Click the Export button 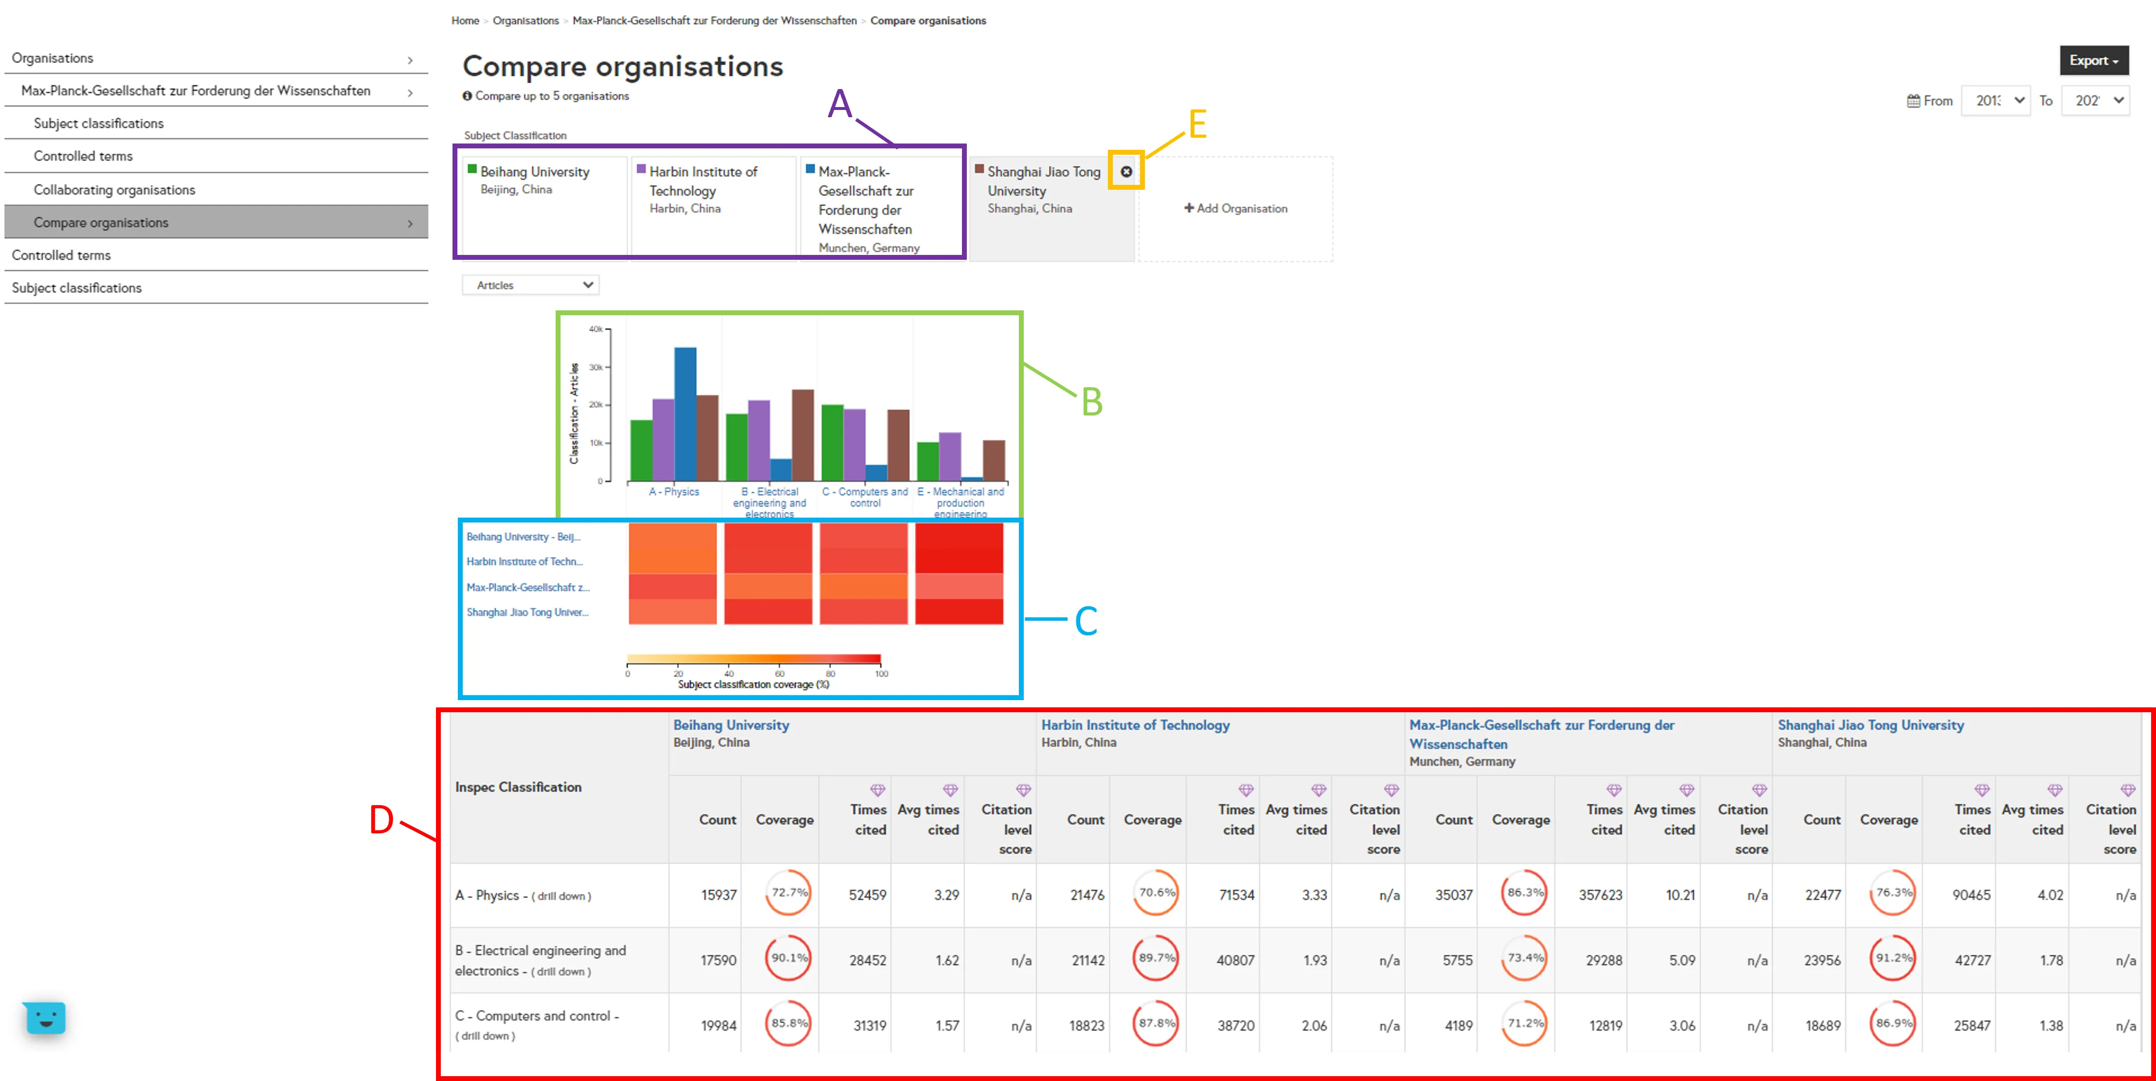click(2093, 60)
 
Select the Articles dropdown click(531, 285)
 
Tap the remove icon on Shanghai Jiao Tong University click(1126, 172)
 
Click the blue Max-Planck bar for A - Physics click(685, 414)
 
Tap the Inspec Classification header click(518, 787)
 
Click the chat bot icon click(45, 1017)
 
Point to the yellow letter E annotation click(1197, 125)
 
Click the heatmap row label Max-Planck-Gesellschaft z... click(527, 587)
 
